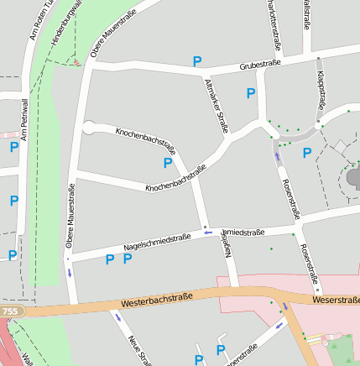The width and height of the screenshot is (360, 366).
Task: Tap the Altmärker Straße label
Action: point(216,106)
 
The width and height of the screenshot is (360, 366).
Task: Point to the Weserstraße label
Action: point(336,299)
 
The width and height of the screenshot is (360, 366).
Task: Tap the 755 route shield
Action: point(9,311)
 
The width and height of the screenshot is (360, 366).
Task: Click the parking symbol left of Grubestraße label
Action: point(197,61)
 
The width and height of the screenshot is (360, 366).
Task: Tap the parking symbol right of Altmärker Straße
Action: point(250,94)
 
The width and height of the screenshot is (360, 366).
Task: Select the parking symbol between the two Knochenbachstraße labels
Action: point(168,163)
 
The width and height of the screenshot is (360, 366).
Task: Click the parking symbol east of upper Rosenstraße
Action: point(307,153)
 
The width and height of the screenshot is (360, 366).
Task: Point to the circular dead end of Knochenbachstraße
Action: point(88,128)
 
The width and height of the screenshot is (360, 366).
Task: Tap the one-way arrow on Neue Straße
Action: point(117,317)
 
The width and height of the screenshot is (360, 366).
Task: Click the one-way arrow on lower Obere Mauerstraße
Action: point(70,273)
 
